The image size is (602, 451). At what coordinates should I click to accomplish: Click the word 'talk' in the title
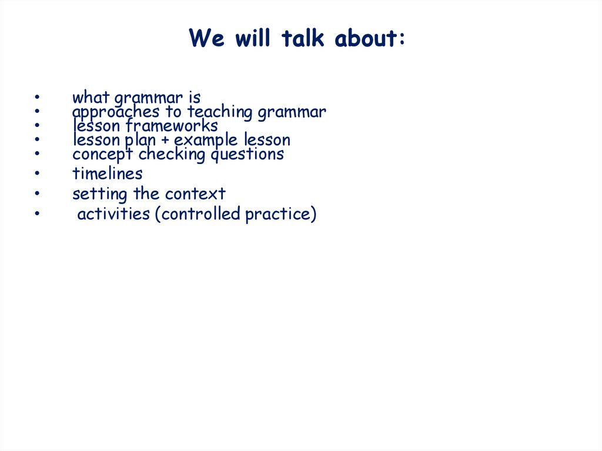pyautogui.click(x=303, y=38)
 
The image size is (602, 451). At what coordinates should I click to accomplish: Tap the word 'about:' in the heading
pyautogui.click(x=370, y=38)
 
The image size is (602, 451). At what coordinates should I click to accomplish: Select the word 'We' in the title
pyautogui.click(x=206, y=38)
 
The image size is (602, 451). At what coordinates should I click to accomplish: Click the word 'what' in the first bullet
pyautogui.click(x=91, y=97)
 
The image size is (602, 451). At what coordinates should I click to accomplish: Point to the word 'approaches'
pyautogui.click(x=116, y=112)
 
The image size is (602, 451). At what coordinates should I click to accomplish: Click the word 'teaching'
pyautogui.click(x=220, y=112)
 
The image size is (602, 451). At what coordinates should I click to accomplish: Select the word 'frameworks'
pyautogui.click(x=172, y=126)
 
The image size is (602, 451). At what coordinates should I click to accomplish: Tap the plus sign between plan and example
pyautogui.click(x=165, y=140)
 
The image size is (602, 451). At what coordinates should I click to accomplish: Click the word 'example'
pyautogui.click(x=206, y=140)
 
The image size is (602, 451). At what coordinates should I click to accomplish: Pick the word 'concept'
pyautogui.click(x=102, y=155)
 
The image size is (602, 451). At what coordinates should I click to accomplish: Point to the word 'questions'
pyautogui.click(x=248, y=155)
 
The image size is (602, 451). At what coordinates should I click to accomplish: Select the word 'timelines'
pyautogui.click(x=108, y=173)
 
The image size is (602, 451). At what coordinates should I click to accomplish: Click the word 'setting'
pyautogui.click(x=100, y=194)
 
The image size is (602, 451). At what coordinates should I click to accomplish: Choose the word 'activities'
pyautogui.click(x=113, y=214)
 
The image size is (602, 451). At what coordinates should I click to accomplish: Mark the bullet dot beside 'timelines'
pyautogui.click(x=37, y=173)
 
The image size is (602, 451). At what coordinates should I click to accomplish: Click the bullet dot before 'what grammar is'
pyautogui.click(x=37, y=97)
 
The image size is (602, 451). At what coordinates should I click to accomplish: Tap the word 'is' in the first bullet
pyautogui.click(x=195, y=98)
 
